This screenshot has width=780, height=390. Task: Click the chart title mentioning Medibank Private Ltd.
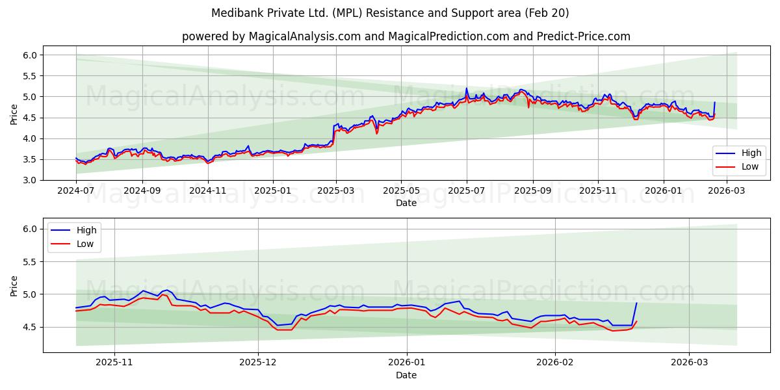[390, 13]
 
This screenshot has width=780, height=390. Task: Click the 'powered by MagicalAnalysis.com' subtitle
[406, 36]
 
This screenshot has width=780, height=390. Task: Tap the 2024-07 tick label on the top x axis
[76, 191]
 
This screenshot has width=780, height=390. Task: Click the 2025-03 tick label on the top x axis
[336, 191]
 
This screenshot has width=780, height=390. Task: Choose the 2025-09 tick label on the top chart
[532, 191]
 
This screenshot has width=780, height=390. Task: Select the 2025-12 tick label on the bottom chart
[258, 363]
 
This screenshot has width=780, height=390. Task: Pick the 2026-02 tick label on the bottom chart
[556, 363]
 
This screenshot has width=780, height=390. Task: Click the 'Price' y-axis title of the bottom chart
[14, 285]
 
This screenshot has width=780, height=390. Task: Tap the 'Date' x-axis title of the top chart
[406, 203]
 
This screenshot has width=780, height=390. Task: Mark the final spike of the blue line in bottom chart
[636, 303]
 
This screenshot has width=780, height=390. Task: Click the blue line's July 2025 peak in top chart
[466, 88]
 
